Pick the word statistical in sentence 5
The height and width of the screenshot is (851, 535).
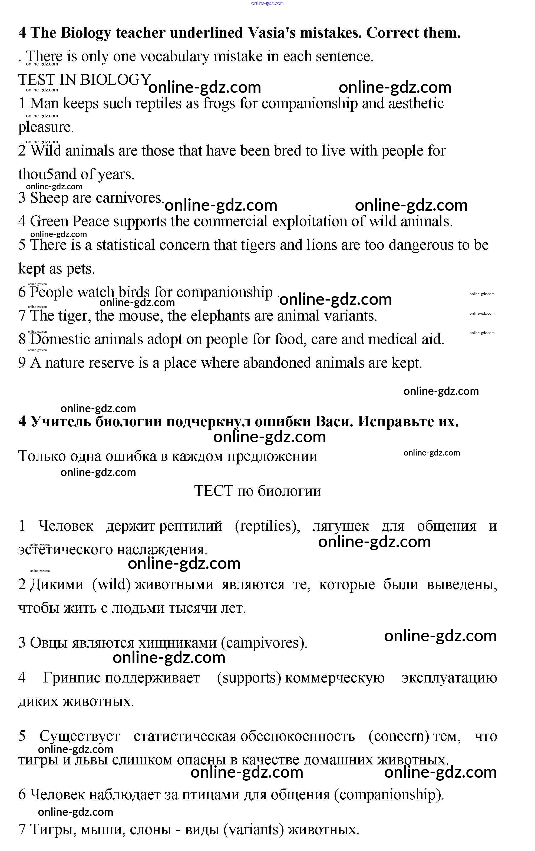click(126, 245)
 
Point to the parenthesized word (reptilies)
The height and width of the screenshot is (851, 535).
click(267, 526)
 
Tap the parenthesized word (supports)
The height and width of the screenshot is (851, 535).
click(249, 678)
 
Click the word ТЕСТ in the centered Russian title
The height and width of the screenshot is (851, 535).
click(213, 491)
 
